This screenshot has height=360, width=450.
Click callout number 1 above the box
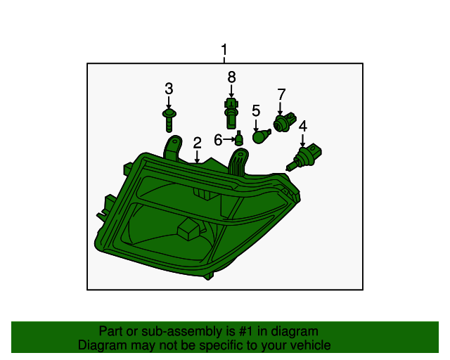[x=224, y=51]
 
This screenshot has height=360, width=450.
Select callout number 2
[x=198, y=143]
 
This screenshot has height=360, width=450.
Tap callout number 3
[x=169, y=89]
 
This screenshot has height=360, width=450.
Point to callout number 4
[x=303, y=127]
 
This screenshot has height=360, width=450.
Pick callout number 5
[x=256, y=110]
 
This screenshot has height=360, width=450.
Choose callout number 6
[x=219, y=140]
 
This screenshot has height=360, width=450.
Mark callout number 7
[x=281, y=94]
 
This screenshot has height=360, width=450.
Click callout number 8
[x=231, y=77]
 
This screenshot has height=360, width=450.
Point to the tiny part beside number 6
[x=239, y=139]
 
